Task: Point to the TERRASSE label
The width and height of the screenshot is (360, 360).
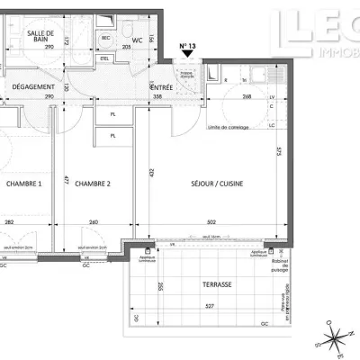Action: coord(217,284)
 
